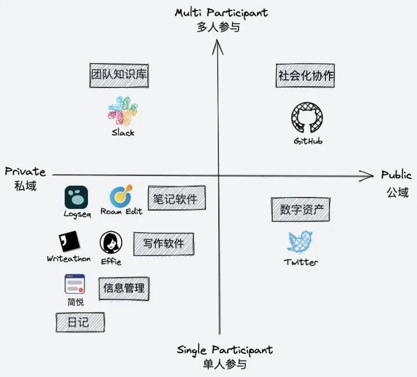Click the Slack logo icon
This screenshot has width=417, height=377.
[x=123, y=111]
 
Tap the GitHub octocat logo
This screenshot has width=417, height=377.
[x=308, y=119]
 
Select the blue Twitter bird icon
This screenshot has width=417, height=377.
[x=301, y=243]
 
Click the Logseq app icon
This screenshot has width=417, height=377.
[x=76, y=197]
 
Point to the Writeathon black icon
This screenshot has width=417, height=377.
[x=69, y=241]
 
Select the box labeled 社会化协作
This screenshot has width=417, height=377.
[x=306, y=76]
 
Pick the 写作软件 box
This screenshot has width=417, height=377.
[x=163, y=243]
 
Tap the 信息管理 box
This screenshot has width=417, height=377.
[x=124, y=287]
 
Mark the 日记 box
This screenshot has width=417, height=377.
[x=80, y=323]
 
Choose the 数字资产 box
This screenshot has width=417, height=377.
[x=301, y=210]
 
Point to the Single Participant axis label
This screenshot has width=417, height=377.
[x=225, y=350]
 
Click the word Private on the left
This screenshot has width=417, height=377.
[x=25, y=171]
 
